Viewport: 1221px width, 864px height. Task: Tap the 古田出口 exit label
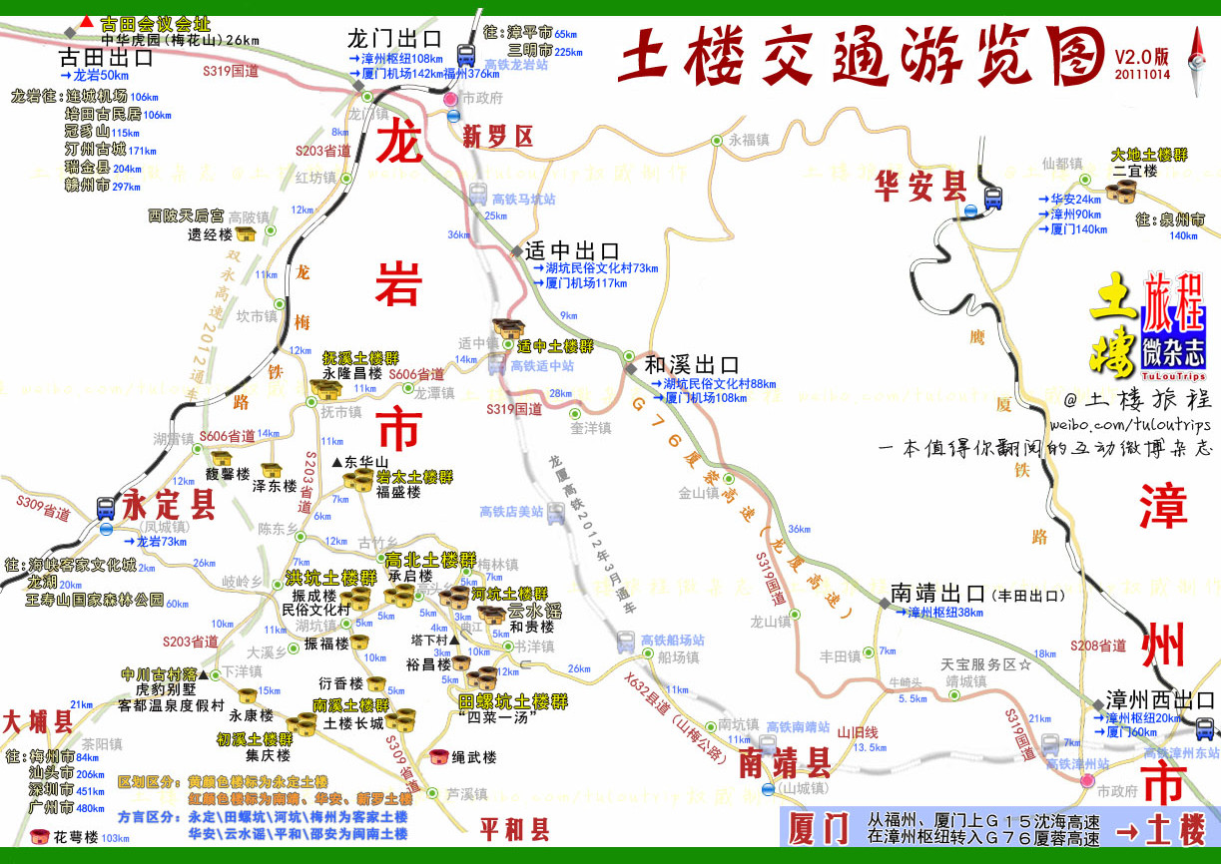107,57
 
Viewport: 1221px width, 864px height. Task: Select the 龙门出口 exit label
394,39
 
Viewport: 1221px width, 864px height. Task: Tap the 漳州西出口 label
1160,700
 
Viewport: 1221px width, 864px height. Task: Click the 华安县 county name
921,185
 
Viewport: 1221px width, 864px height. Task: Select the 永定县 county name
169,506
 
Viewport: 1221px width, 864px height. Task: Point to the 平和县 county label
514,829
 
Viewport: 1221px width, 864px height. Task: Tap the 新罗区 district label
498,138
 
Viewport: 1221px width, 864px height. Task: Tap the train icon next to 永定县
106,508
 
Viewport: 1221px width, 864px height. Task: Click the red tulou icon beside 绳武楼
437,758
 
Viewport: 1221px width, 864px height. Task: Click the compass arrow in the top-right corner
1196,50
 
